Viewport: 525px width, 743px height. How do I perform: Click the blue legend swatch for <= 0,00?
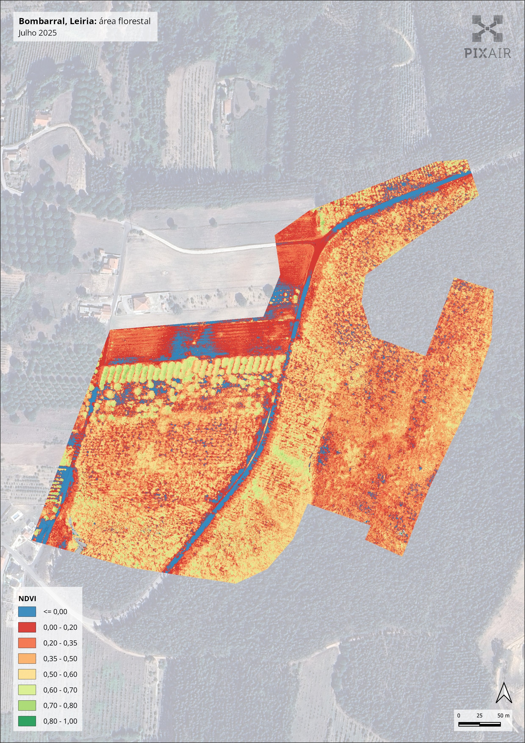(27, 612)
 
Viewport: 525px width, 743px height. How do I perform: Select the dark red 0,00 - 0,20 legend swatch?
(27, 627)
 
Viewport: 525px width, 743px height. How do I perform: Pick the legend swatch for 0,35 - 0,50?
(27, 658)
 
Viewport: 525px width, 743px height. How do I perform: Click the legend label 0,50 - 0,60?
(60, 674)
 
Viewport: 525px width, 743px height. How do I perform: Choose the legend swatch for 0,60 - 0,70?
(27, 690)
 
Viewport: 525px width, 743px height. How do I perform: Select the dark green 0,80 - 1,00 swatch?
(27, 721)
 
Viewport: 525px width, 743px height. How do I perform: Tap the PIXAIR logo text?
(488, 53)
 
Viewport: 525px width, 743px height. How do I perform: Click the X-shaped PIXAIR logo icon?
(488, 28)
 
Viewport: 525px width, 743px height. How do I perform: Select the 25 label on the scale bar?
(479, 715)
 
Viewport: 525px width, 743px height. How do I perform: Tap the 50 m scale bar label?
(503, 715)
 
